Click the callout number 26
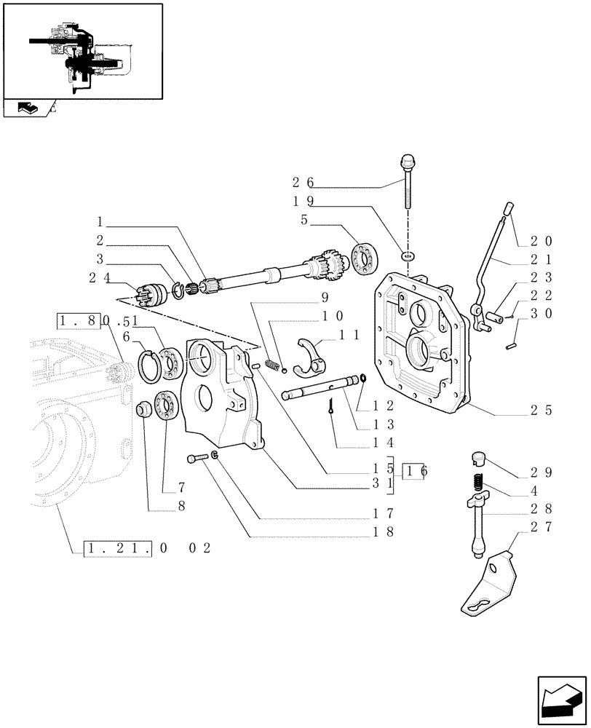click(303, 182)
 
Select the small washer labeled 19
click(408, 256)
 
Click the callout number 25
click(540, 411)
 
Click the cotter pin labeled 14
click(331, 411)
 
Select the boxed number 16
click(417, 471)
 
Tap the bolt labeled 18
click(194, 458)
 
